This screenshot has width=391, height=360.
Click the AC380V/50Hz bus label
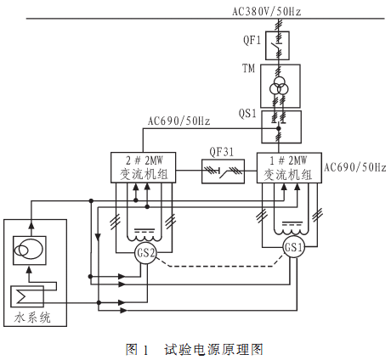pos(267,11)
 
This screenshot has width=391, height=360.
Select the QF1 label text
pos(252,40)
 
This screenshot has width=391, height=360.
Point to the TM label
pos(248,69)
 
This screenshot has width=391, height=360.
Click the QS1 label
pos(247,114)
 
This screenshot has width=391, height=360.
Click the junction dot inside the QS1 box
pos(279,128)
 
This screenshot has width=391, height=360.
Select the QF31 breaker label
pos(222,152)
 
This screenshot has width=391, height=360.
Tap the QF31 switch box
pos(223,172)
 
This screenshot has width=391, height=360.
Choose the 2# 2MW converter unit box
pos(143,167)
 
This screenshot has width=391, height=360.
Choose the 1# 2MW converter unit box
pos(289,168)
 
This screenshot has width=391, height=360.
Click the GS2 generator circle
pos(145,252)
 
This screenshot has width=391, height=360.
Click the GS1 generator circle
pos(293,247)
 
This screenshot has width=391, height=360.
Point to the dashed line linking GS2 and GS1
pos(219,267)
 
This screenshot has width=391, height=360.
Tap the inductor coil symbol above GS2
pos(144,238)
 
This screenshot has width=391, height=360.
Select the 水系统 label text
pos(32,318)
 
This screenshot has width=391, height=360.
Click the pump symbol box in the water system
pos(30,250)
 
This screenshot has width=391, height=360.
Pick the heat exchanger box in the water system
pos(27,296)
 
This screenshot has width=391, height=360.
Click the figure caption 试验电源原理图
pos(213,350)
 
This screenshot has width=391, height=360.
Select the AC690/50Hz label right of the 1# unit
pos(355,167)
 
